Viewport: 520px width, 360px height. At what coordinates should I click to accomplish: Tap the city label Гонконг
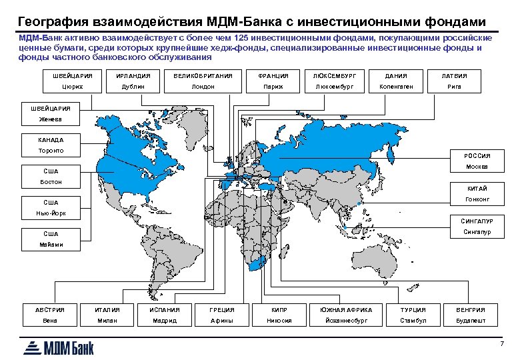tap(477, 199)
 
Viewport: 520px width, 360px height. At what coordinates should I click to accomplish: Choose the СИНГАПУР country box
tap(477, 221)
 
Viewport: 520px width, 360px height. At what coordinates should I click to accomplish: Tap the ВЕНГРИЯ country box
tap(470, 309)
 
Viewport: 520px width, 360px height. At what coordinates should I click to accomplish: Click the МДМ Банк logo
tap(60, 347)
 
